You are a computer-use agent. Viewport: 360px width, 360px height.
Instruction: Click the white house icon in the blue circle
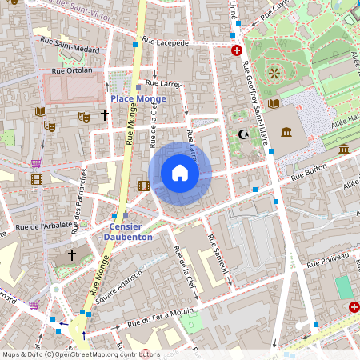click(180, 173)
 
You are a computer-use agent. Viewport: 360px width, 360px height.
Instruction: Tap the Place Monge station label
click(138, 98)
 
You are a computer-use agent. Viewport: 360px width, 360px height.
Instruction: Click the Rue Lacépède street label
click(165, 41)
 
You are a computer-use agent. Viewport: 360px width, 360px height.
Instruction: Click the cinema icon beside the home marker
click(143, 186)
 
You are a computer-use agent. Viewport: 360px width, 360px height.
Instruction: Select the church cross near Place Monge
click(104, 115)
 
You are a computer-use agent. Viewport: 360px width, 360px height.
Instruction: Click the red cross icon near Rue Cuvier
click(237, 50)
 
